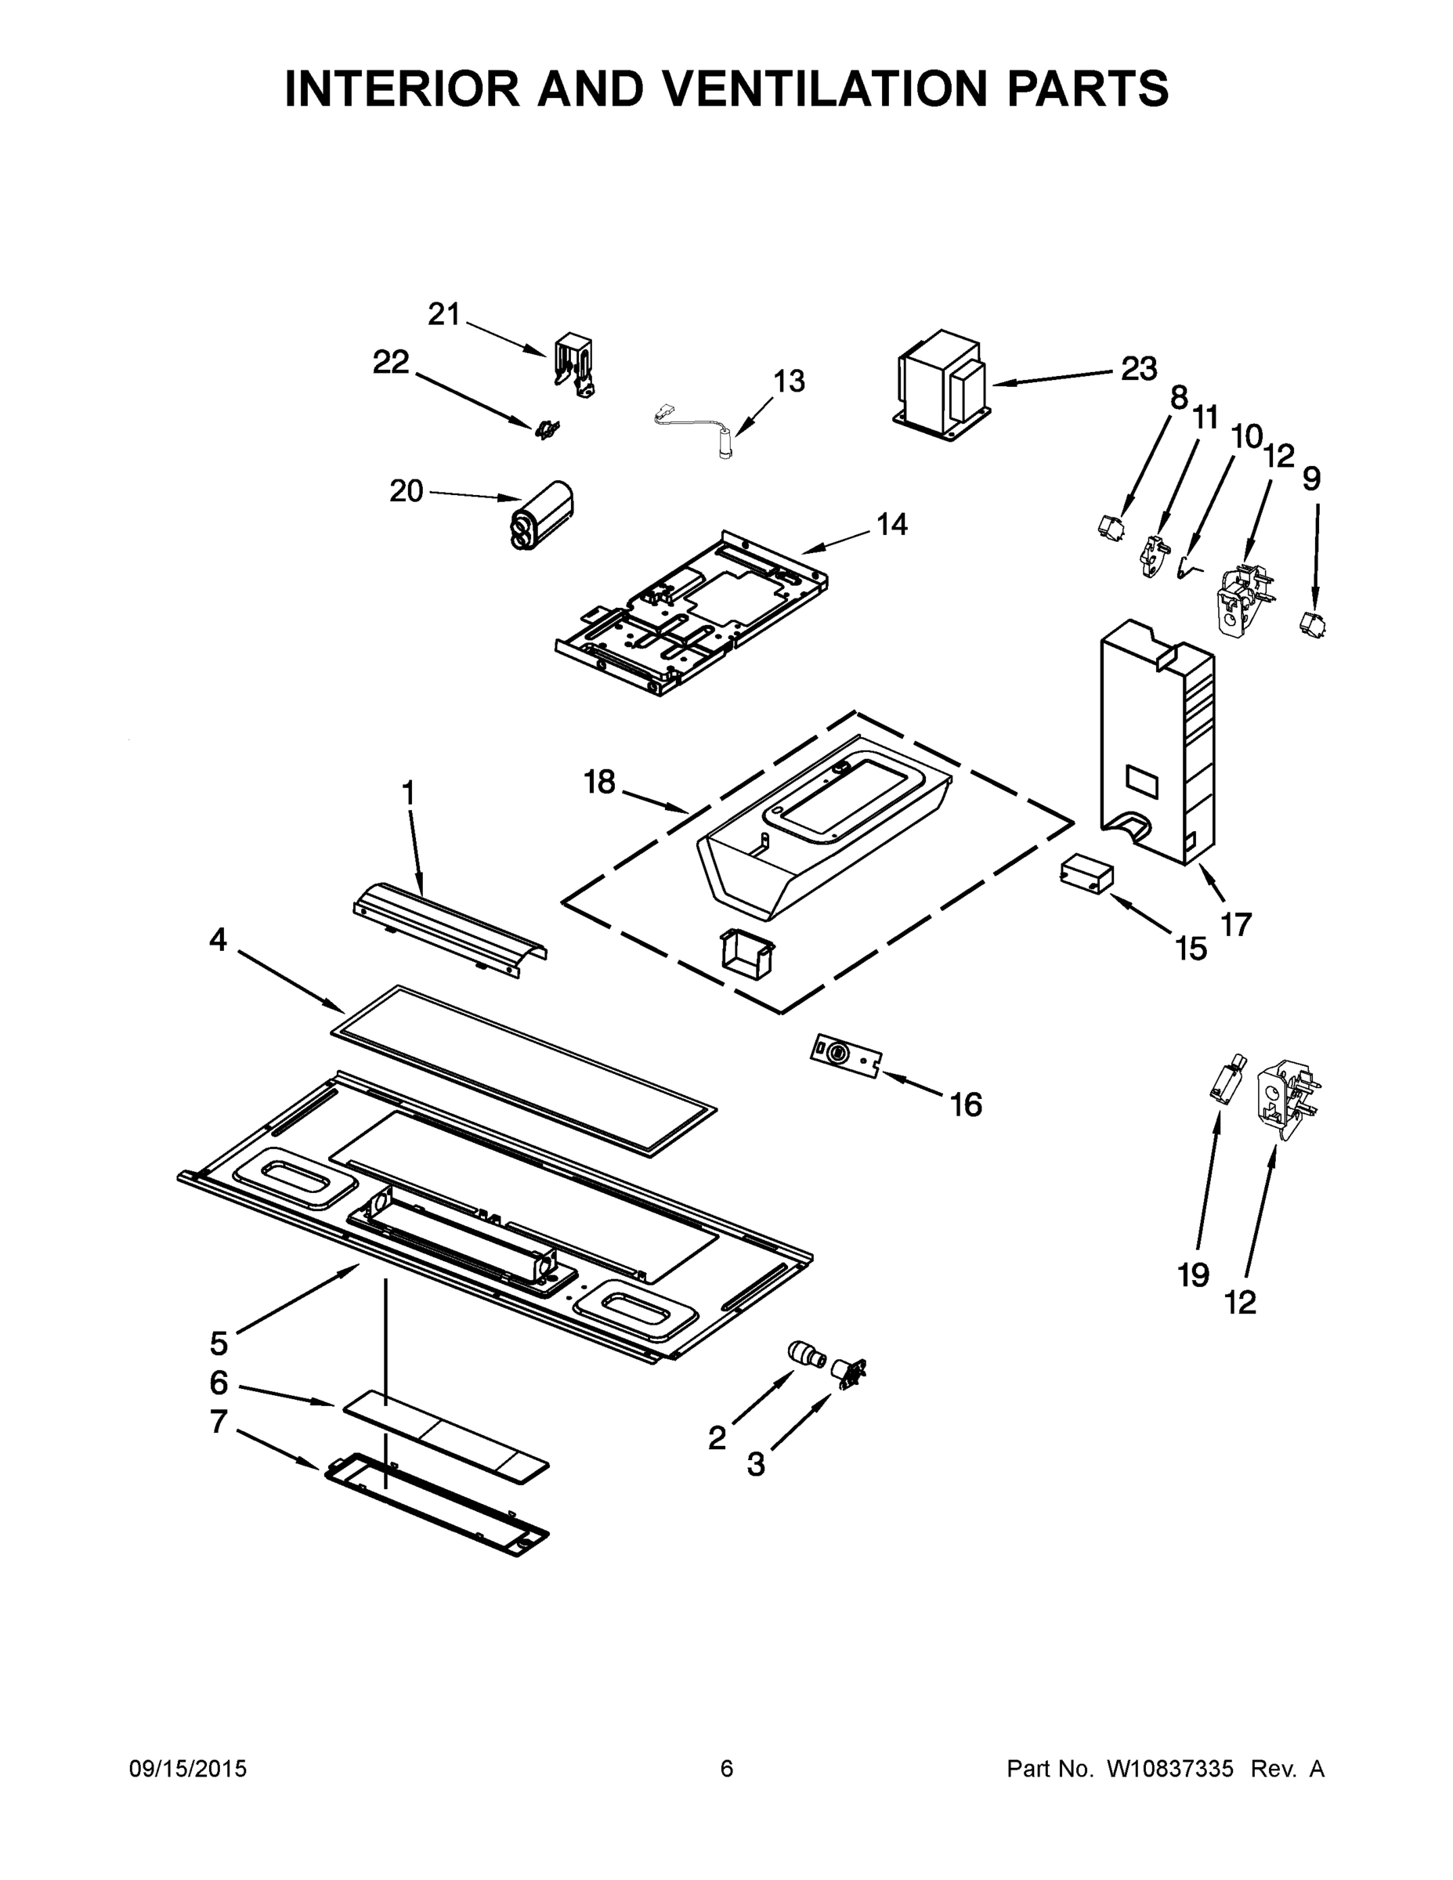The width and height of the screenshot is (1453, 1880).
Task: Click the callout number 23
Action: (x=1138, y=368)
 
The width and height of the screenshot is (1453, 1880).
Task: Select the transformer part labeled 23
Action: (x=941, y=385)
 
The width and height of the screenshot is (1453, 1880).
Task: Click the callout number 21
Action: (x=444, y=315)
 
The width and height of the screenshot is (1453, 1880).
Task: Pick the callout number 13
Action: (x=789, y=381)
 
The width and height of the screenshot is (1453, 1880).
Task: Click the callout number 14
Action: (x=891, y=523)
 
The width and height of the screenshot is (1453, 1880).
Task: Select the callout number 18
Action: (x=599, y=782)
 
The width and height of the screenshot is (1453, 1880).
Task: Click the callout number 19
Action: (x=1193, y=1274)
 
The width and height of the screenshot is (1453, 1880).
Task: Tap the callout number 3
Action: (x=756, y=1464)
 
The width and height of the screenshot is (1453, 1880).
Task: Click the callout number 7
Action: (x=219, y=1421)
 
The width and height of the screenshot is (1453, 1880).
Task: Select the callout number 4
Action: (x=218, y=939)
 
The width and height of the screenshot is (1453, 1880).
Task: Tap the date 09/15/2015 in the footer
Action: (x=188, y=1768)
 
